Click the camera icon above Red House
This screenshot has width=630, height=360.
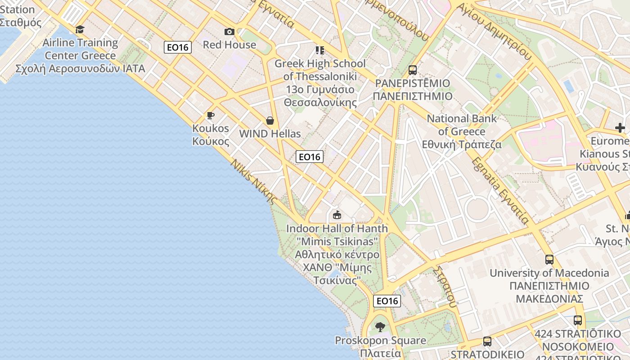click(229, 31)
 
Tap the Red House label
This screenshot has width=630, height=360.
click(229, 45)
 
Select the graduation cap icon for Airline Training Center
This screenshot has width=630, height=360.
click(80, 30)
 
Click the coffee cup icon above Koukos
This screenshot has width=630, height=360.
click(210, 116)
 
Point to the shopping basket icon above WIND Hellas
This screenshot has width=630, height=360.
click(270, 121)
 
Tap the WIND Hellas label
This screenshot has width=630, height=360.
click(270, 134)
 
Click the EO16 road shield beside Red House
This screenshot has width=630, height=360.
click(178, 47)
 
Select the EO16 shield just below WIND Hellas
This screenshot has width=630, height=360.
click(310, 157)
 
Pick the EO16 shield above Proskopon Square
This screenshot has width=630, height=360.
click(387, 301)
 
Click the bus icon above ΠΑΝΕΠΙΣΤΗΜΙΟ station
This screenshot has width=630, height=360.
click(413, 70)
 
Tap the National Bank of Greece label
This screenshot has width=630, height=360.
click(462, 131)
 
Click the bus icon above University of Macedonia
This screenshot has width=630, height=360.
click(549, 260)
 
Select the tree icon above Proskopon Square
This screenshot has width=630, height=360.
click(380, 327)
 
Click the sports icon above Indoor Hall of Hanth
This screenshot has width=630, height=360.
click(337, 215)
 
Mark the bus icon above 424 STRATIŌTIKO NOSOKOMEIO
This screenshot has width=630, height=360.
click(578, 321)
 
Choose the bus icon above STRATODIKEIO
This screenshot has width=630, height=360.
click(487, 342)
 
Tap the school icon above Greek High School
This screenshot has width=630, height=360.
click(320, 50)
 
